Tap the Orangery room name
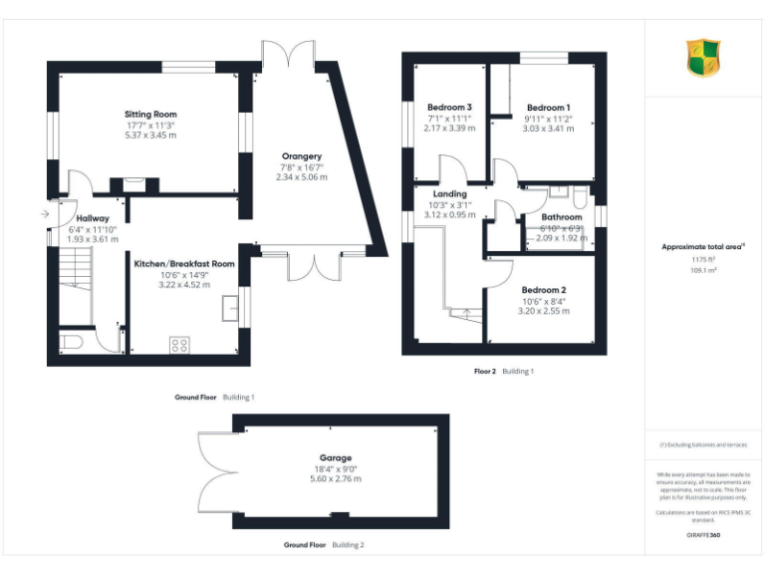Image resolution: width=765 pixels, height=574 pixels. coord(301,156)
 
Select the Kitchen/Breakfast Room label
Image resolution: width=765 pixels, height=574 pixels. coord(184,264)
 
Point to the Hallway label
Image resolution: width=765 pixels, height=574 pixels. coord(93,218)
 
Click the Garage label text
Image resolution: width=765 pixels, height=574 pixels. coord(336,458)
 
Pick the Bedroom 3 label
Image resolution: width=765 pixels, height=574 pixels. coord(449,107)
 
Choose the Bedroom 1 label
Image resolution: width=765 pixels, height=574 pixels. coord(548,107)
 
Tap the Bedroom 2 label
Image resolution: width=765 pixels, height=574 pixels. coord(545,290)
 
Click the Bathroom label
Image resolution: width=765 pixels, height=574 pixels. coord(561,216)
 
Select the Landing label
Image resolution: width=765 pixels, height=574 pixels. coord(449,193)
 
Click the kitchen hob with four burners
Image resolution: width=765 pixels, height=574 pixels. coord(179,345)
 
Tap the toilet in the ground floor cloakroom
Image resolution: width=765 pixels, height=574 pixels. coord(71,344)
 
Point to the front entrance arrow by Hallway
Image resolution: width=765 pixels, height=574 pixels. coord(45,213)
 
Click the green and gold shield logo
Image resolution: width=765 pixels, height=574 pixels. coord(703,58)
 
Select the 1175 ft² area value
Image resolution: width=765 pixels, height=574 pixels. coord(703,260)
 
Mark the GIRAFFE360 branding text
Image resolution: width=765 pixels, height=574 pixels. coord(703,536)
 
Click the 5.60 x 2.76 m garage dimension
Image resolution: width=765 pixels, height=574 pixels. coord(336,479)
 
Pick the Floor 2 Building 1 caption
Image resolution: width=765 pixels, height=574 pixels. coord(504,371)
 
